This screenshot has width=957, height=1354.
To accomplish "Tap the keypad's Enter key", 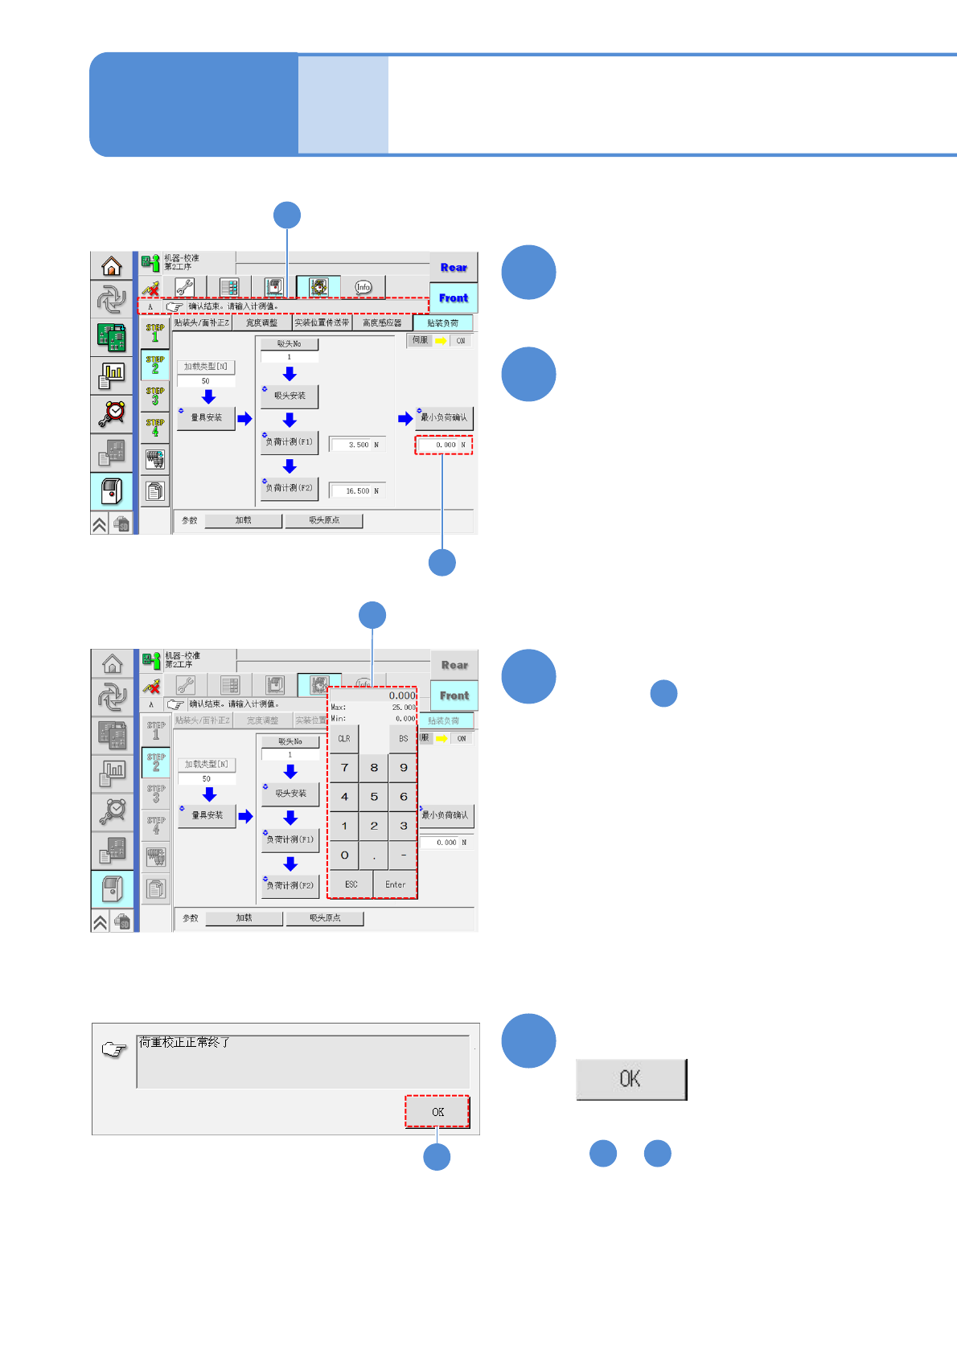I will tap(395, 884).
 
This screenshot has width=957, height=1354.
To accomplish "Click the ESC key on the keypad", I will tap(351, 884).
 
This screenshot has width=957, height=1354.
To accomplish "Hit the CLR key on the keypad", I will tap(344, 739).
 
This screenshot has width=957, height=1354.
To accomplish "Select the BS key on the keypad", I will tap(403, 739).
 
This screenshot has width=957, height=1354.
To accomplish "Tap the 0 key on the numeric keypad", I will tap(344, 855).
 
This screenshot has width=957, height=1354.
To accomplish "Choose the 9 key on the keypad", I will tap(403, 768).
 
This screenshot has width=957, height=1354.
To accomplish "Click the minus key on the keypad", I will tap(403, 855).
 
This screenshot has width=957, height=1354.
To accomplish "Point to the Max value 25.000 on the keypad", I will tap(404, 708).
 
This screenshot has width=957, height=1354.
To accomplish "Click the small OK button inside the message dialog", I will tap(437, 1112).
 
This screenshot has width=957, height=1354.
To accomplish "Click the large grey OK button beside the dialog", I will tap(631, 1079).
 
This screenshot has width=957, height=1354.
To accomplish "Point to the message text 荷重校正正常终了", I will tap(185, 1043).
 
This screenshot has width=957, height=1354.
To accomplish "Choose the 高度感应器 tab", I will tap(382, 323).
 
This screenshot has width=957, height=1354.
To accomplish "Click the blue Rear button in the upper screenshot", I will tap(454, 268).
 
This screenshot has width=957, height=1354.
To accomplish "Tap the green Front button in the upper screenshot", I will tap(454, 298).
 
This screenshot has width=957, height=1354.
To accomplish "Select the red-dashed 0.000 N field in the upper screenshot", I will tap(444, 445).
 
